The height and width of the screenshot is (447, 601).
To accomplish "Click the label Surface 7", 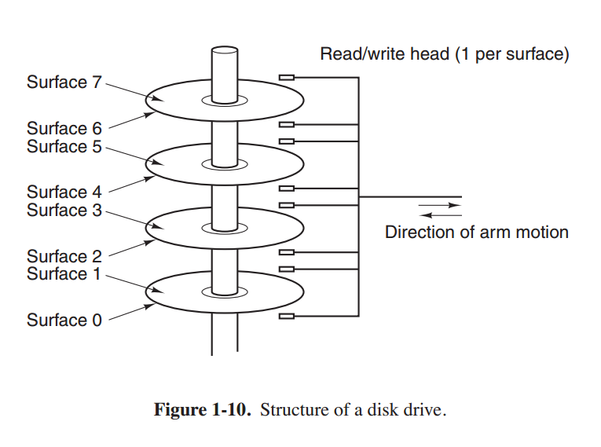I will point(64,82).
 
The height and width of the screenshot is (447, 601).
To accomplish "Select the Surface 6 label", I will point(64,128).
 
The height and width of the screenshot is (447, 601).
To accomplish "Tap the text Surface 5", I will point(64,146).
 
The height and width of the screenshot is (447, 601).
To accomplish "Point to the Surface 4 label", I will point(64,192).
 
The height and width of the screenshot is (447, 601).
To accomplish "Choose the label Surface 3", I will point(64,210).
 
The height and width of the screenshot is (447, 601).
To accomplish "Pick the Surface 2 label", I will point(64,256).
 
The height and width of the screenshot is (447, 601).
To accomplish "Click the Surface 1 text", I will point(64,273).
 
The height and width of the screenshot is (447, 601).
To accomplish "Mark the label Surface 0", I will point(64,320).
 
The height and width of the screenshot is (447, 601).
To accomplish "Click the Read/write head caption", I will point(444,55).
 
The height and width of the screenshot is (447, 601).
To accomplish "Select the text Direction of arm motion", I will point(476,232).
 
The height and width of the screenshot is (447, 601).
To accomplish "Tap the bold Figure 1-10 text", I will point(203,410).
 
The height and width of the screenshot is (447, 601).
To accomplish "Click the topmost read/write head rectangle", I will point(287,78).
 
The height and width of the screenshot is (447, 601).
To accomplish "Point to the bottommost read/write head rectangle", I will point(287,316).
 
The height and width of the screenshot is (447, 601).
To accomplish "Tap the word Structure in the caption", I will point(291,410).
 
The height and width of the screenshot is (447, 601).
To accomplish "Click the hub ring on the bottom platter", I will point(224,292).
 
